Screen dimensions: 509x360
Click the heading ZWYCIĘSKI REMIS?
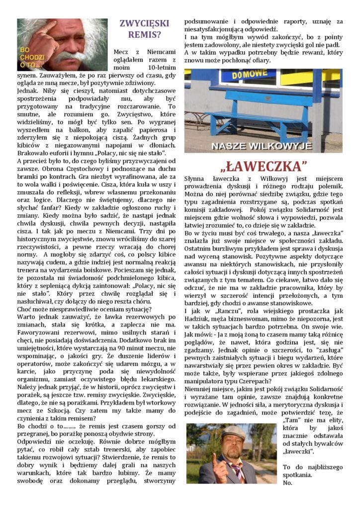(x=144, y=28)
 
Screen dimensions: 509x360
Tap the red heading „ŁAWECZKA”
(x=263, y=166)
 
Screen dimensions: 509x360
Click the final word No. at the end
(x=288, y=483)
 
